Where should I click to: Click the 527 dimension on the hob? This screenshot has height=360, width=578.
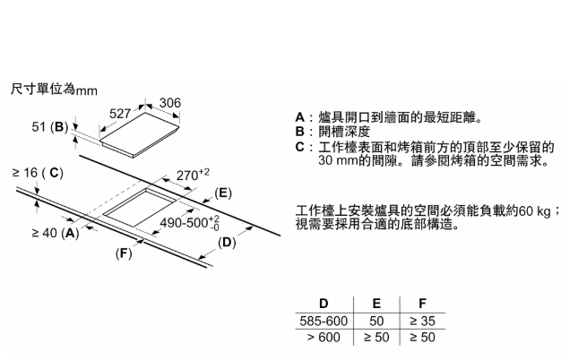tap(121, 114)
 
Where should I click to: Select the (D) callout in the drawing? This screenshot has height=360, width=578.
tap(228, 242)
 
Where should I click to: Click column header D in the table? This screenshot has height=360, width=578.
tap(323, 304)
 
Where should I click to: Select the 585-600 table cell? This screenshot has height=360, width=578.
tap(323, 320)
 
